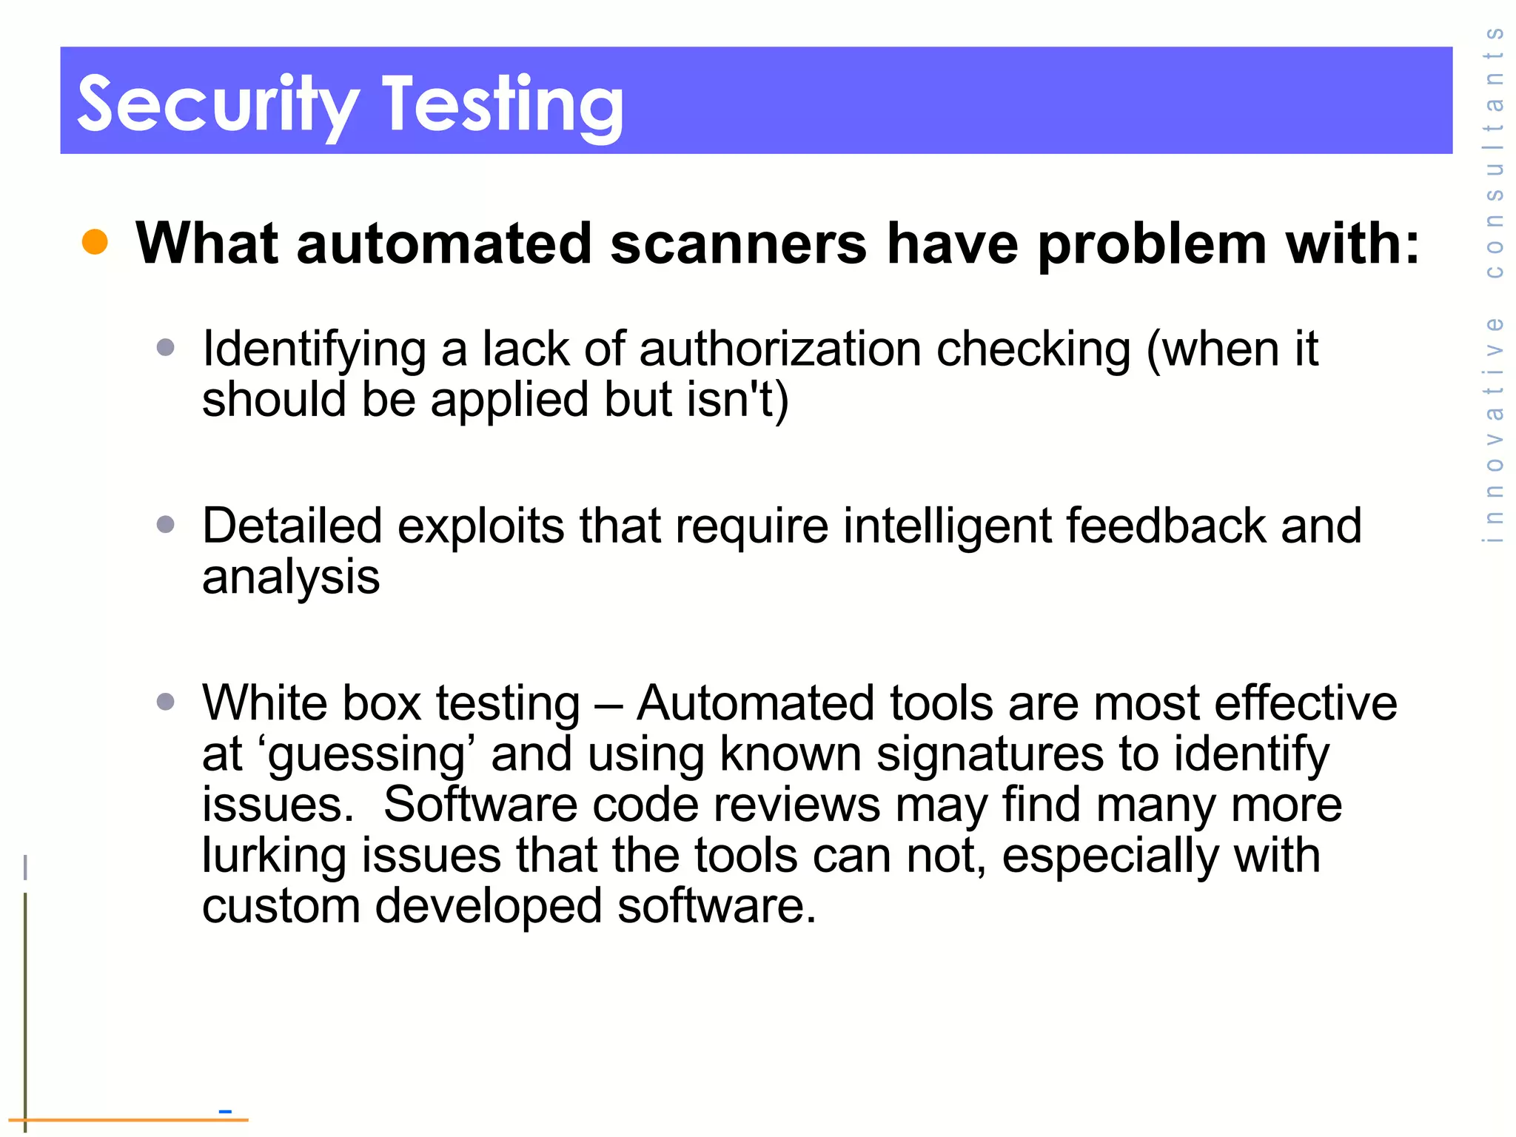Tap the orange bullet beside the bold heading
95,242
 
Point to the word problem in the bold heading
1152,244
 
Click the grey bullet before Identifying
166,347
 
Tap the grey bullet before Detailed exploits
166,525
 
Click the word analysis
291,577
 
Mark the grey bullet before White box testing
166,702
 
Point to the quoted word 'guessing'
367,755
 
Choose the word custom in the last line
281,906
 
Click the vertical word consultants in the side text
1495,152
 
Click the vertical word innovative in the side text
1495,430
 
